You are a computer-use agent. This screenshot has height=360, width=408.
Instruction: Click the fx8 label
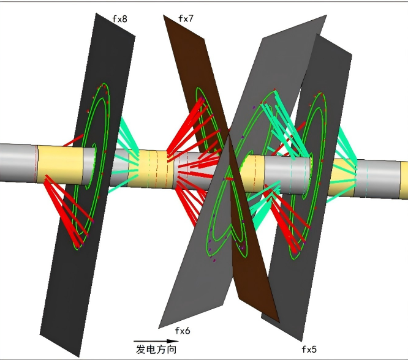pyautogui.click(x=120, y=19)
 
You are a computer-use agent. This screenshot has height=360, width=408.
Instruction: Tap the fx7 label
pyautogui.click(x=186, y=18)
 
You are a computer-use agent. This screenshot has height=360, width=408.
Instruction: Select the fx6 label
pyautogui.click(x=183, y=331)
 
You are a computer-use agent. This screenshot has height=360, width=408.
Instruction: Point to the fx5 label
pyautogui.click(x=309, y=350)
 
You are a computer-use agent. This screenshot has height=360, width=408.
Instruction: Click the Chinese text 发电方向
pyautogui.click(x=156, y=349)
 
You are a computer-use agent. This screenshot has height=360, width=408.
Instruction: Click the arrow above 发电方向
pyautogui.click(x=156, y=341)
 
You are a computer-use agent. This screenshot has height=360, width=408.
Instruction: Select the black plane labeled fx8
pyautogui.click(x=86, y=182)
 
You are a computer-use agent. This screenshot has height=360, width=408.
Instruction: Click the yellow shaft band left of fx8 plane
pyautogui.click(x=61, y=165)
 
